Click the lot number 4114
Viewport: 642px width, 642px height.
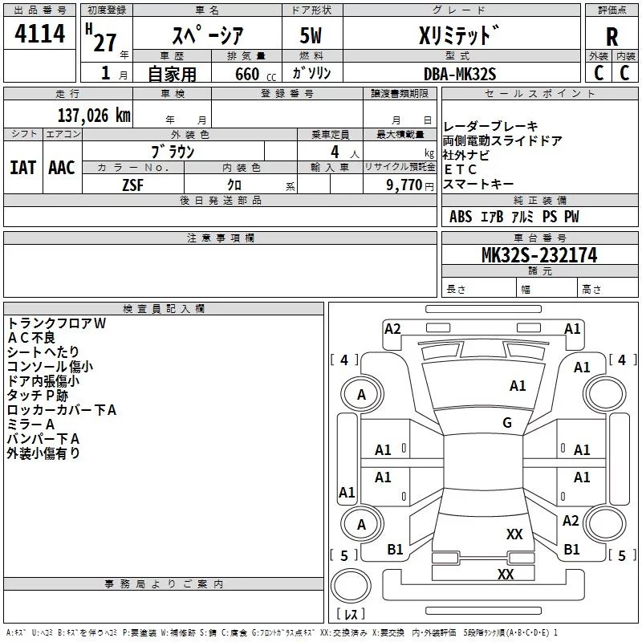pyautogui.click(x=39, y=35)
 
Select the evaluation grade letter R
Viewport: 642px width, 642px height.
pyautogui.click(x=612, y=37)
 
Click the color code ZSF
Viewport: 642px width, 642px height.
pyautogui.click(x=132, y=185)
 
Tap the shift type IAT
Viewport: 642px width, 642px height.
pyautogui.click(x=22, y=168)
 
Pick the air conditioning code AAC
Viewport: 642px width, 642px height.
pyautogui.click(x=62, y=168)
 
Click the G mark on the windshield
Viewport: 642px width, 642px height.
pyautogui.click(x=507, y=423)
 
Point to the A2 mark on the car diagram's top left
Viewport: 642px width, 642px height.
pyautogui.click(x=392, y=328)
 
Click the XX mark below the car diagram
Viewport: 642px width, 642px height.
pyautogui.click(x=506, y=574)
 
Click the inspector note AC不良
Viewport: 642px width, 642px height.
pyautogui.click(x=32, y=338)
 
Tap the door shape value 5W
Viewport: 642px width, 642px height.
pyautogui.click(x=312, y=37)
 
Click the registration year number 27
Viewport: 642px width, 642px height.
pyautogui.click(x=104, y=43)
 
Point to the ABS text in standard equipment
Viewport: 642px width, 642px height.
pyautogui.click(x=461, y=217)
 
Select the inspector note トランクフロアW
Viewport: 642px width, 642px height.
pyautogui.click(x=56, y=323)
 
